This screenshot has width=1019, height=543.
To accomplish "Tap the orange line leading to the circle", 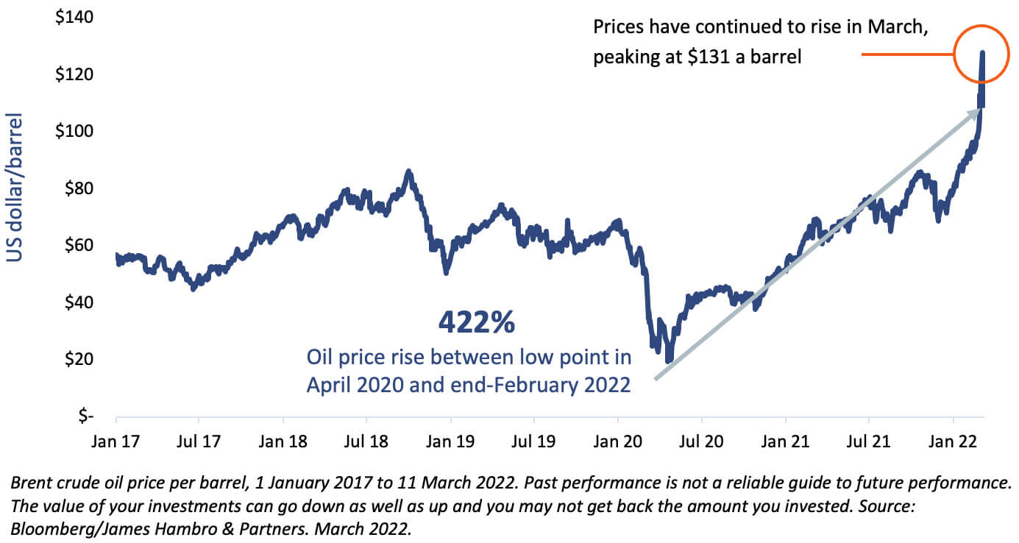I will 907,54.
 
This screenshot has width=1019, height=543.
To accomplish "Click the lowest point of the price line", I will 668,361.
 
